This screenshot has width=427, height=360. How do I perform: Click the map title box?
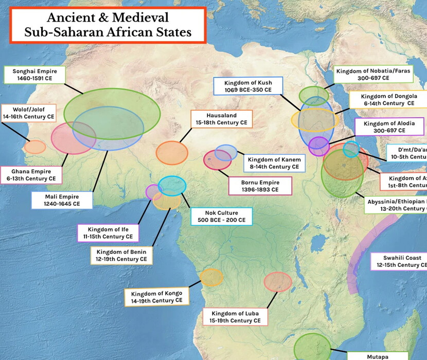[108, 25]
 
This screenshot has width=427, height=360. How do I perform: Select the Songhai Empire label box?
[34, 75]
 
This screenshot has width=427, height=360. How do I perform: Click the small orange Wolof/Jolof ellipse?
[35, 147]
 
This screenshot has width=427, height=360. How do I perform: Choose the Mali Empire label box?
[62, 200]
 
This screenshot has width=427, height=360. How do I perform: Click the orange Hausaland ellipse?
[172, 152]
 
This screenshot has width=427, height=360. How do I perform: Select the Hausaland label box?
[221, 119]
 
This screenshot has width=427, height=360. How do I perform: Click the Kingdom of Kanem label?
[273, 164]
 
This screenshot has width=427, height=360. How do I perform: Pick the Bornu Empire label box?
[260, 186]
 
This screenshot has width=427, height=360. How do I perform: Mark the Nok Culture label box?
[221, 217]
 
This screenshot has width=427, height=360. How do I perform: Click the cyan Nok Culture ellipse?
[172, 185]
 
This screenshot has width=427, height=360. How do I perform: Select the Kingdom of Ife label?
[108, 233]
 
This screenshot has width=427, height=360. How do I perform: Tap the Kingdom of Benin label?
[121, 256]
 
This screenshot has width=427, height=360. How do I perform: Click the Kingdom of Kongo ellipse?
[211, 277]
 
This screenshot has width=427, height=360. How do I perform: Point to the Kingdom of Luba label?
[235, 317]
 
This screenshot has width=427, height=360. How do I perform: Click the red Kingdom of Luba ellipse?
[278, 281]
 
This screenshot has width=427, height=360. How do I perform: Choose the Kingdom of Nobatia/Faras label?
[374, 75]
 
